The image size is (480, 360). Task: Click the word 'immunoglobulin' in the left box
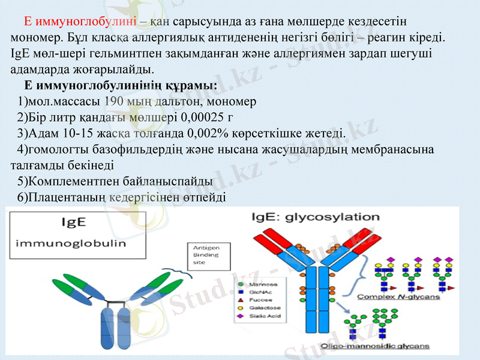pos(70,244)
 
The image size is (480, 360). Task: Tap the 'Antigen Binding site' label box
pos(206,255)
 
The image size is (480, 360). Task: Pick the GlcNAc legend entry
pos(262,291)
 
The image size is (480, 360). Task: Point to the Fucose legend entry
pos(262,299)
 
